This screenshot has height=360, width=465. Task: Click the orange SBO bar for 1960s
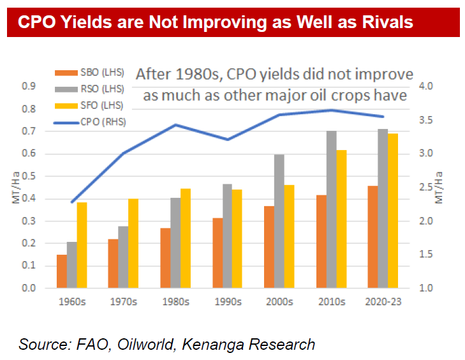(61, 271)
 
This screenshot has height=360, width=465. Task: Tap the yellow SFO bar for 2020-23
(394, 211)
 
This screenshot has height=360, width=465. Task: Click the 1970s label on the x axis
(123, 301)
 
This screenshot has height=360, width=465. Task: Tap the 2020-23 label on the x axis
(382, 301)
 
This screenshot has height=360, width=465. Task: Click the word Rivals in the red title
(383, 22)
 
